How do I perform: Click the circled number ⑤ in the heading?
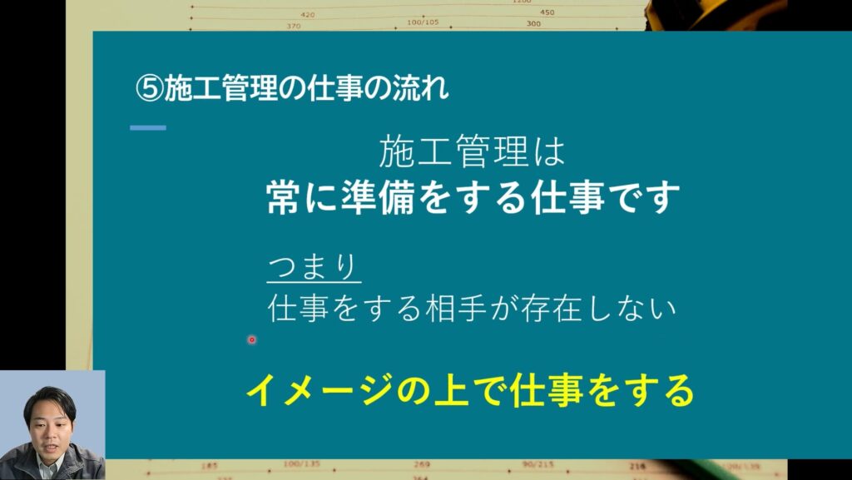click(x=150, y=88)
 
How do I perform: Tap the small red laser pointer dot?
click(x=251, y=340)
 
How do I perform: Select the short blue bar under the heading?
click(x=148, y=128)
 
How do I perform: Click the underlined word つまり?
click(x=314, y=267)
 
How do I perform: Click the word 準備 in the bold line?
click(x=378, y=197)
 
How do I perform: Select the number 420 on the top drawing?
click(x=308, y=15)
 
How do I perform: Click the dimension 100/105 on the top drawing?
click(x=423, y=22)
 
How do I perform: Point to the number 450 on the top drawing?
click(x=547, y=12)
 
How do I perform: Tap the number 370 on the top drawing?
click(x=294, y=26)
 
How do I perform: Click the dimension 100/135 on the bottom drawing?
click(x=301, y=464)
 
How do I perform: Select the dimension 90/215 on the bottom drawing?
click(x=538, y=464)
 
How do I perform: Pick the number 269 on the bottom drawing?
click(x=422, y=464)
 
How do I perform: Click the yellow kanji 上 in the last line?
click(x=452, y=390)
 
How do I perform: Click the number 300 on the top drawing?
click(x=533, y=23)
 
